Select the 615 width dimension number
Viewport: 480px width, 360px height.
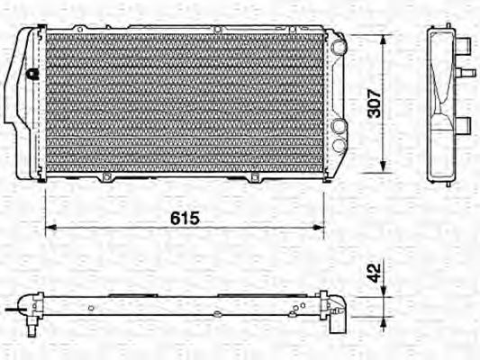183,219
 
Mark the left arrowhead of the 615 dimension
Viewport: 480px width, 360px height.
50,227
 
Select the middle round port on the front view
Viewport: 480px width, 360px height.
338,128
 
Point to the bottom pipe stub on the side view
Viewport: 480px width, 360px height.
464,125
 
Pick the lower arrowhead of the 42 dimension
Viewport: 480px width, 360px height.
385,316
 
